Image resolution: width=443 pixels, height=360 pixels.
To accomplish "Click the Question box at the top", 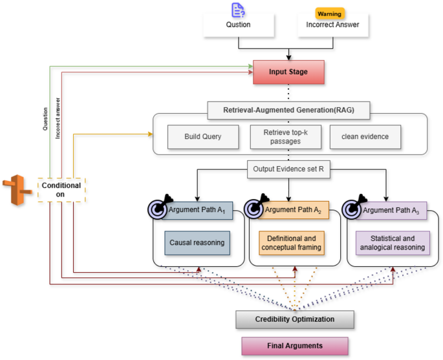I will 239,25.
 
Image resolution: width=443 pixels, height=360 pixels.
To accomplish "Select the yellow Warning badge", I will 329,13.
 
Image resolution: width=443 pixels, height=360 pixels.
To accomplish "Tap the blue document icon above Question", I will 237,9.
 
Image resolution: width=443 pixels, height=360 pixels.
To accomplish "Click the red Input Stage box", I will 288,71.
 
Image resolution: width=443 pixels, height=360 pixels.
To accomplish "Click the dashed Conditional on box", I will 61,190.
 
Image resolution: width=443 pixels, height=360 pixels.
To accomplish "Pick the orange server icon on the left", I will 16,189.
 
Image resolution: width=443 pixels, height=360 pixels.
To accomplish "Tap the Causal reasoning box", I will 197,242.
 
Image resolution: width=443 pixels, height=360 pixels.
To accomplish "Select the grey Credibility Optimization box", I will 294,319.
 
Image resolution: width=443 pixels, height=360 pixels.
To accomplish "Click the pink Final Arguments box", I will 294,345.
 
